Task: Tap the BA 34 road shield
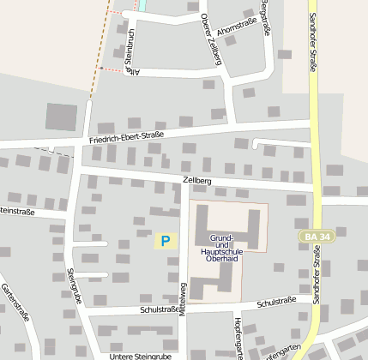[x=315, y=235]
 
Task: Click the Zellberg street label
[x=196, y=181]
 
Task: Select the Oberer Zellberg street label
[x=216, y=39]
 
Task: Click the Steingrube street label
[x=75, y=286]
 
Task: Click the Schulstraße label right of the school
[x=276, y=301]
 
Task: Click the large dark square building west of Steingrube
[x=61, y=117]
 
